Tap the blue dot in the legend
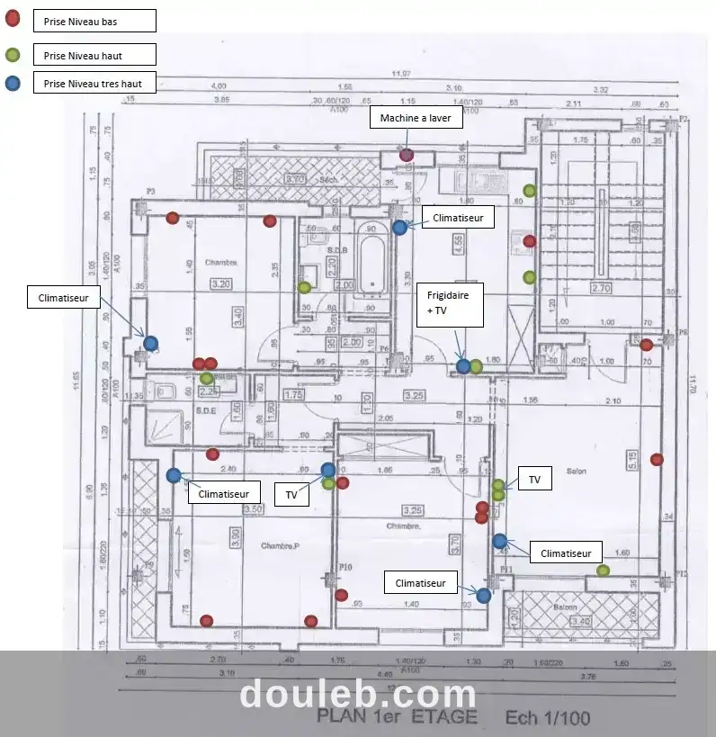click(13, 84)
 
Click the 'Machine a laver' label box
click(416, 118)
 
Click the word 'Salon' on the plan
click(575, 471)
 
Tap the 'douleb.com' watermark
click(358, 695)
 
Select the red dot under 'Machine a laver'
click(407, 155)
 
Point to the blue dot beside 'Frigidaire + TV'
click(463, 366)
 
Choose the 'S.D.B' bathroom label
click(337, 249)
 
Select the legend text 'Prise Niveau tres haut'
click(94, 84)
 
